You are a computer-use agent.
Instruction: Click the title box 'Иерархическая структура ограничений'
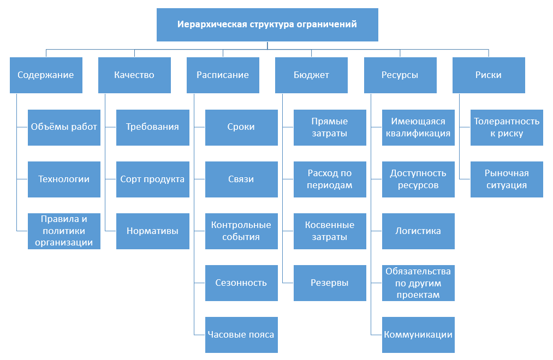[x=267, y=25]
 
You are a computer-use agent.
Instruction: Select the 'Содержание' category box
[x=46, y=75]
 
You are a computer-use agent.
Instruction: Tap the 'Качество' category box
[x=134, y=75]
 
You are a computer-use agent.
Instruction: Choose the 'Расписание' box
[x=223, y=75]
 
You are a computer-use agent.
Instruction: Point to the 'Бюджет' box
[x=311, y=75]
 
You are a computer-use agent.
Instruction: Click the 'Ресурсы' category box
[x=400, y=75]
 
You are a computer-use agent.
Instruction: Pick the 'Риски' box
[x=489, y=75]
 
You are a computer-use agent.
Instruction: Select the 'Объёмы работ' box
[x=64, y=128]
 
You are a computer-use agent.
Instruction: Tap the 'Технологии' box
[x=64, y=179]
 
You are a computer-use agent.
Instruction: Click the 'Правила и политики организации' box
[x=64, y=231]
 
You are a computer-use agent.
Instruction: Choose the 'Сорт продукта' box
[x=153, y=179]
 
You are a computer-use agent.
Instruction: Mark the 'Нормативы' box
[x=153, y=231]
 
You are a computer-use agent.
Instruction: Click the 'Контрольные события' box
[x=242, y=231]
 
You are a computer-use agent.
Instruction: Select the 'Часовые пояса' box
[x=242, y=335]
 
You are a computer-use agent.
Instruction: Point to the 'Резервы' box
[x=330, y=283]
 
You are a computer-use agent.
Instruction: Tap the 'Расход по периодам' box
[x=330, y=179]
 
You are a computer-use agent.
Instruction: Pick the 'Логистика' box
[x=418, y=231]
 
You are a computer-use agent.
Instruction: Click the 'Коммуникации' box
[x=418, y=335]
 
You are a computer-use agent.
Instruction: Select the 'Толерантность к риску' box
[x=507, y=128]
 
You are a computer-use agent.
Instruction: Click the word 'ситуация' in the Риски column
[x=507, y=185]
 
